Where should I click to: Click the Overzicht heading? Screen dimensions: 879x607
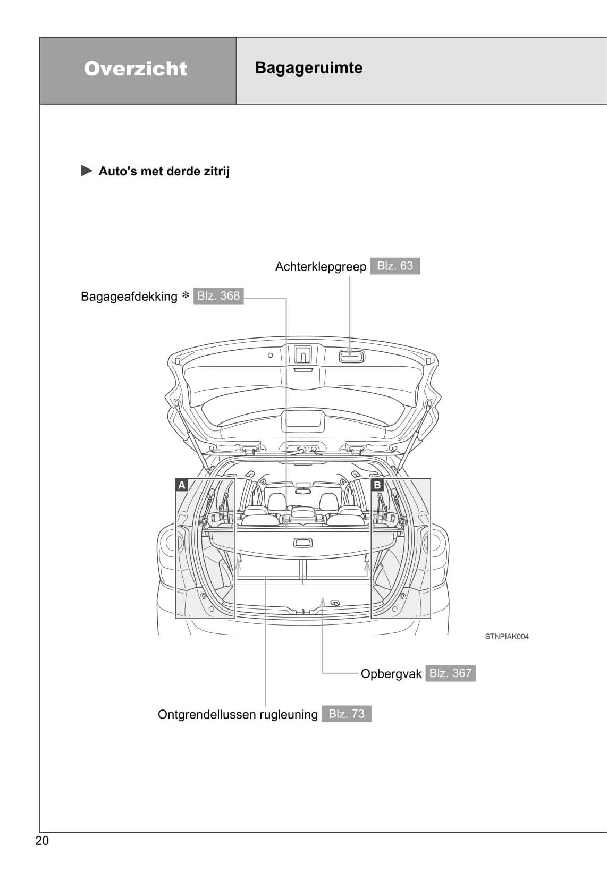[136, 69]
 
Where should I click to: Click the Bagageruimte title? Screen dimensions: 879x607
[308, 68]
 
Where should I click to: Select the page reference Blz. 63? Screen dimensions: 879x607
[395, 266]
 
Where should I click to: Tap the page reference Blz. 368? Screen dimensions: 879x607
[218, 295]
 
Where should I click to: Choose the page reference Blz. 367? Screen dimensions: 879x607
[450, 673]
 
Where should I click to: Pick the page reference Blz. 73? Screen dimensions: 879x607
[347, 714]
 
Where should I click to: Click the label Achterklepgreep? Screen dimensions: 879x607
[321, 267]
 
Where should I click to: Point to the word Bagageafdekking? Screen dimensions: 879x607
[129, 297]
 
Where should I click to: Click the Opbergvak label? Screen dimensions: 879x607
[391, 674]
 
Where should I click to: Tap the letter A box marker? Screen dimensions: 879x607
[182, 485]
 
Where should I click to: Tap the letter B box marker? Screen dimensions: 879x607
[377, 485]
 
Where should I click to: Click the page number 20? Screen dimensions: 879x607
[42, 840]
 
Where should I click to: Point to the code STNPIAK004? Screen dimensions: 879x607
[507, 637]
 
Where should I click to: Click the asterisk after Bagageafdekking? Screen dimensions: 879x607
[185, 295]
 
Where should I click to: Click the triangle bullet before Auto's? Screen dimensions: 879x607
[86, 171]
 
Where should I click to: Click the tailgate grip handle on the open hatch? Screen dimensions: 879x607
[351, 357]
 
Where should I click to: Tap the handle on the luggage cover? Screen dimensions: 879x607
[302, 543]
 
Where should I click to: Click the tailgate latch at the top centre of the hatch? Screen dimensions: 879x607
[303, 354]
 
